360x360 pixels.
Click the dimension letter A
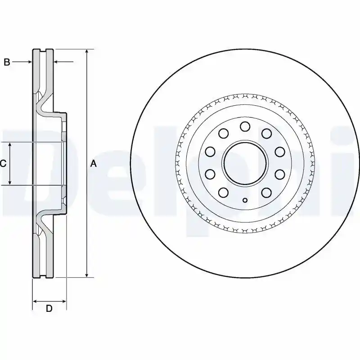pyautogui.click(x=94, y=164)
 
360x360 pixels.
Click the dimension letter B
pyautogui.click(x=7, y=62)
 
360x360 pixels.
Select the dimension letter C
pyautogui.click(x=3, y=164)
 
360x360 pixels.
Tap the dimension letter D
pyautogui.click(x=49, y=308)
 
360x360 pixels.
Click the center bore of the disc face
pyautogui.click(x=245, y=163)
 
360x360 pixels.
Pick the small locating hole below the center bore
pyautogui.click(x=245, y=200)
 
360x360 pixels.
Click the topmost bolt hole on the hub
pyautogui.click(x=245, y=126)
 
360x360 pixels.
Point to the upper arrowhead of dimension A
pyautogui.click(x=86, y=52)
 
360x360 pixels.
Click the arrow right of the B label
pyautogui.click(x=22, y=62)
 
